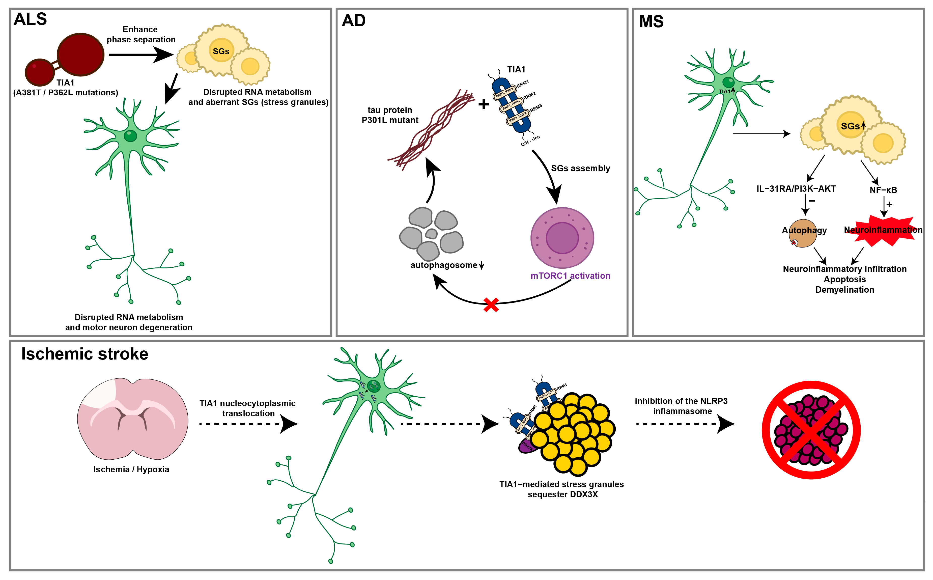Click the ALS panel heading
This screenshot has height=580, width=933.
click(x=30, y=19)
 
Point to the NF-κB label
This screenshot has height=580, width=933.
click(x=883, y=190)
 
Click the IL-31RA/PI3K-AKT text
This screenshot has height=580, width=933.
click(x=796, y=189)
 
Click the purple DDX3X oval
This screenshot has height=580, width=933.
click(x=527, y=447)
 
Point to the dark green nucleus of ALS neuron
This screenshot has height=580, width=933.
click(x=130, y=136)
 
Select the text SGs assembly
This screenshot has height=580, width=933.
click(x=580, y=169)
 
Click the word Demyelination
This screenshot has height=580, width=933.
click(x=844, y=290)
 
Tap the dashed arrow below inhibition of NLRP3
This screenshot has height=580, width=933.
click(x=685, y=424)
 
